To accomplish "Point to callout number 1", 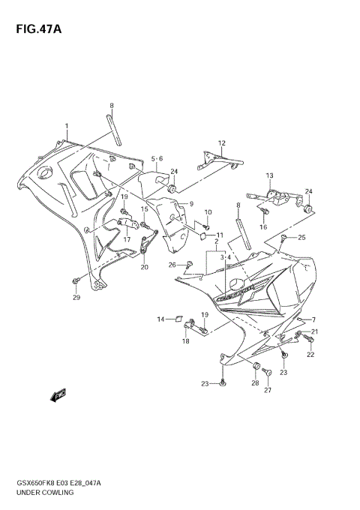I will tap(66, 126).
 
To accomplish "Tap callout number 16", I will tap(264, 226).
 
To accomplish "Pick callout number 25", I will tap(302, 238).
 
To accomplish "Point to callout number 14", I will tap(160, 319).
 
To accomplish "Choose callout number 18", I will tap(185, 340).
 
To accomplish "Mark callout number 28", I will tap(255, 383).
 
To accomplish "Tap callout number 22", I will tap(310, 353).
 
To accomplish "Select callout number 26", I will tap(172, 265).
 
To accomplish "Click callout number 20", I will tap(144, 267).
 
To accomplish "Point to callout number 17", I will tap(127, 239).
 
